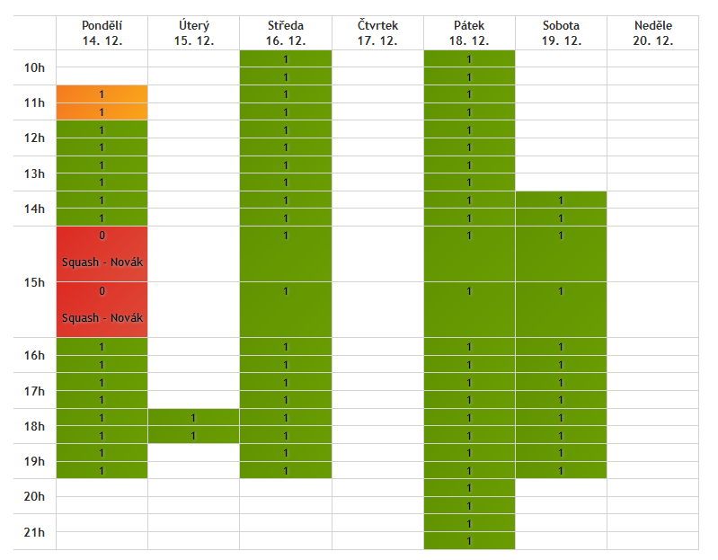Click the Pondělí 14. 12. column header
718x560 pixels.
coord(102,33)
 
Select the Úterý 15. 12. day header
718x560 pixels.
coord(193,33)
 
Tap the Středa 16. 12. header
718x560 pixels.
coord(286,33)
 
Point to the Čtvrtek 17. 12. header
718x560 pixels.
coord(377,33)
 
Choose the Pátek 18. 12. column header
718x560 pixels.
coord(469,33)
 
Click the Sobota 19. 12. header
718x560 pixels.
coord(561,33)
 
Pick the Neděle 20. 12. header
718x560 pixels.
coord(652,33)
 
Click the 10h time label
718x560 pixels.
coord(34,67)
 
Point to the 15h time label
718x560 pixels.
coord(34,282)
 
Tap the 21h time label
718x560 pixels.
coord(34,532)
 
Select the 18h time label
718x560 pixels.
coord(34,426)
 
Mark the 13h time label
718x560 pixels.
coord(34,173)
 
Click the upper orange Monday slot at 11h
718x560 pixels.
coord(102,93)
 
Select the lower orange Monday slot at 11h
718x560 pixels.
coord(102,111)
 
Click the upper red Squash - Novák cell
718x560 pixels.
coord(102,253)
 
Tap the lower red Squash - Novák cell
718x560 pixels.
coord(102,309)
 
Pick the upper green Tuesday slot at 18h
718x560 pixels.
coord(193,418)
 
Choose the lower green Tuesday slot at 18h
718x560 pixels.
coord(193,436)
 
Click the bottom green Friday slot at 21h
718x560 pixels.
coord(469,541)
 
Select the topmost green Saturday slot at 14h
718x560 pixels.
coord(561,200)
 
